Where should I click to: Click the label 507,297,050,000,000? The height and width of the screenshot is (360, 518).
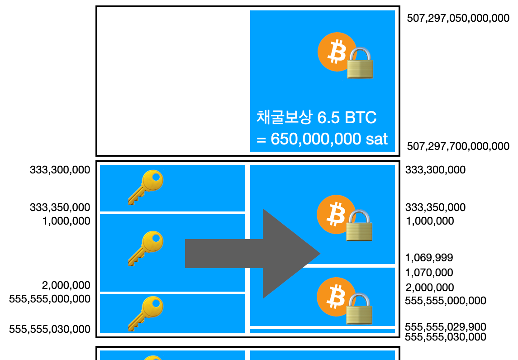click(x=458, y=19)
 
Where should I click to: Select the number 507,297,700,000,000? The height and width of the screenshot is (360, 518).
click(x=458, y=146)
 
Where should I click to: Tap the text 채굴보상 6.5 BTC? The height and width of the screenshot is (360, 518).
click(x=316, y=118)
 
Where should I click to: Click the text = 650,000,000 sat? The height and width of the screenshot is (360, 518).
click(x=322, y=139)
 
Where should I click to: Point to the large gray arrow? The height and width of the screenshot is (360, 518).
click(x=253, y=254)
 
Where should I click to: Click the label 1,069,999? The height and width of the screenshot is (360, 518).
click(x=429, y=258)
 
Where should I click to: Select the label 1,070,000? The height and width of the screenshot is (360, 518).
click(x=429, y=273)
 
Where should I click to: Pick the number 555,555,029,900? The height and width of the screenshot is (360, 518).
click(x=445, y=327)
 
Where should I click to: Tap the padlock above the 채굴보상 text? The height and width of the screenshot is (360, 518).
click(x=360, y=63)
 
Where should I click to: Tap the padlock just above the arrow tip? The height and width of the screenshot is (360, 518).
click(x=359, y=225)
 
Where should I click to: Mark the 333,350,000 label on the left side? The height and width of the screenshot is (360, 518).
click(x=60, y=207)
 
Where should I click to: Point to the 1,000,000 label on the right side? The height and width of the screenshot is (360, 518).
click(x=429, y=221)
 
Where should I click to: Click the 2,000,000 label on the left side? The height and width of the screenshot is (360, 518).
click(x=66, y=285)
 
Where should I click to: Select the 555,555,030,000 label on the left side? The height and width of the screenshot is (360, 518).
click(x=50, y=329)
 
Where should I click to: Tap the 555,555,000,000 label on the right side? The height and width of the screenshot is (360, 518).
click(x=445, y=301)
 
